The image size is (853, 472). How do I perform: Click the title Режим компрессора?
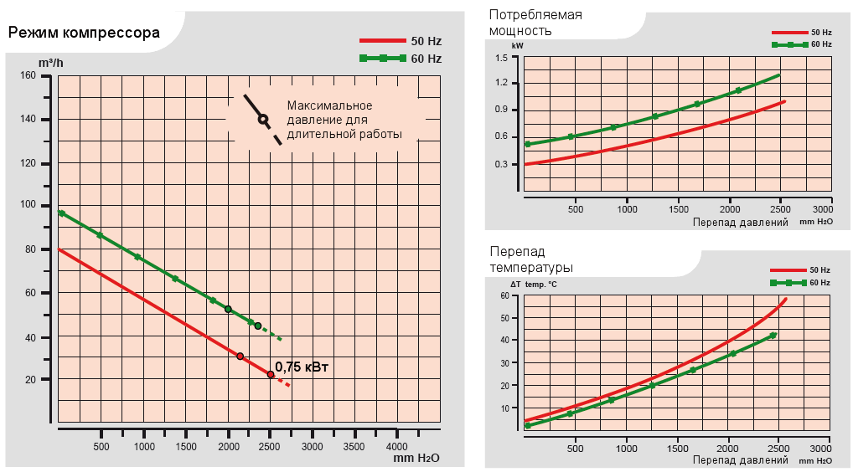(x=84, y=34)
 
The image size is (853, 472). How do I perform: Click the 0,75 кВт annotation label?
(x=302, y=367)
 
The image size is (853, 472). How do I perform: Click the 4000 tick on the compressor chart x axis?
(x=396, y=447)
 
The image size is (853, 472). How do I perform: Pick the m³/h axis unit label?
(x=50, y=62)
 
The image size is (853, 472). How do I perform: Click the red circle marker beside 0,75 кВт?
(x=271, y=374)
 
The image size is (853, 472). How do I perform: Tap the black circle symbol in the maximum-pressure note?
(x=262, y=119)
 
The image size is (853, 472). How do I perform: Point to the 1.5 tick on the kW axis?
(x=502, y=57)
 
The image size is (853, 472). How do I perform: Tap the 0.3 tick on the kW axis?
(x=502, y=164)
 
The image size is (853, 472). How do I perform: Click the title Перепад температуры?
(x=530, y=259)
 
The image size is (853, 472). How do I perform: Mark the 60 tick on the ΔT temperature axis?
(x=504, y=295)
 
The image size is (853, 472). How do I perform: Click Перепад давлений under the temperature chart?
(x=741, y=459)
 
